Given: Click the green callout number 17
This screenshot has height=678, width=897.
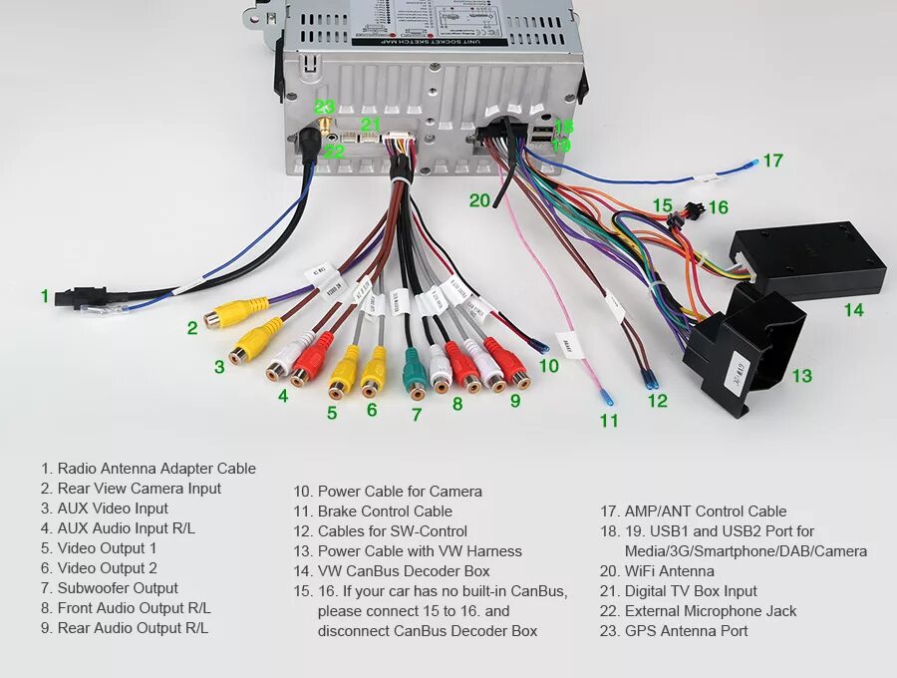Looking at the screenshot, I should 772,160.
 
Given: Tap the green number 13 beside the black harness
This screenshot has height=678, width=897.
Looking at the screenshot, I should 801,376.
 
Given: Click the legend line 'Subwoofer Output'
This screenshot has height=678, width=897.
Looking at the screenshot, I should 118,588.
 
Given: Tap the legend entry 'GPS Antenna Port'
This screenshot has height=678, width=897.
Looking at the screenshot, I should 686,631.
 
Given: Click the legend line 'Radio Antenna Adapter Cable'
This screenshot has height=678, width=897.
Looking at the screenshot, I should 156,469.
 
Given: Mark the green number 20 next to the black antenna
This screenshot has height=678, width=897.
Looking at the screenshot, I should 479,200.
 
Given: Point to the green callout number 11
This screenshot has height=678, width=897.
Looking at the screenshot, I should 609,421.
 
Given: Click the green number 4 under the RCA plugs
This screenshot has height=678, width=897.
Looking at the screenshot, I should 284,396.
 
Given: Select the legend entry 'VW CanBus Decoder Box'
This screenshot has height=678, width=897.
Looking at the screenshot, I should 404,571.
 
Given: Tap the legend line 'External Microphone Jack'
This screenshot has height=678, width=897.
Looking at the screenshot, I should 711,611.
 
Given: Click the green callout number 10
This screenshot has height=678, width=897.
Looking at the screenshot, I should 548,366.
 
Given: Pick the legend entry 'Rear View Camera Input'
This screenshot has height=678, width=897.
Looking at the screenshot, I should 140,489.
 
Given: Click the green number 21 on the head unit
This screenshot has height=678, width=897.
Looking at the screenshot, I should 371,125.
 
